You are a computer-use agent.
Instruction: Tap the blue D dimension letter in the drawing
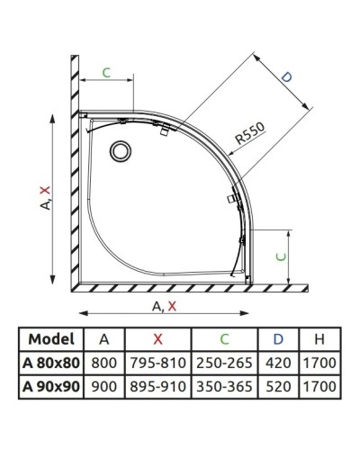pos(286,79)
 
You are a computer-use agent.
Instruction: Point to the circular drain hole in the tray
pos(119,151)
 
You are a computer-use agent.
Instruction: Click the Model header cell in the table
pos(51,339)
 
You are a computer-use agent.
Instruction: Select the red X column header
pos(158,339)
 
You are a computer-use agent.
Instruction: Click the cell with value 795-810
pos(158,364)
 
